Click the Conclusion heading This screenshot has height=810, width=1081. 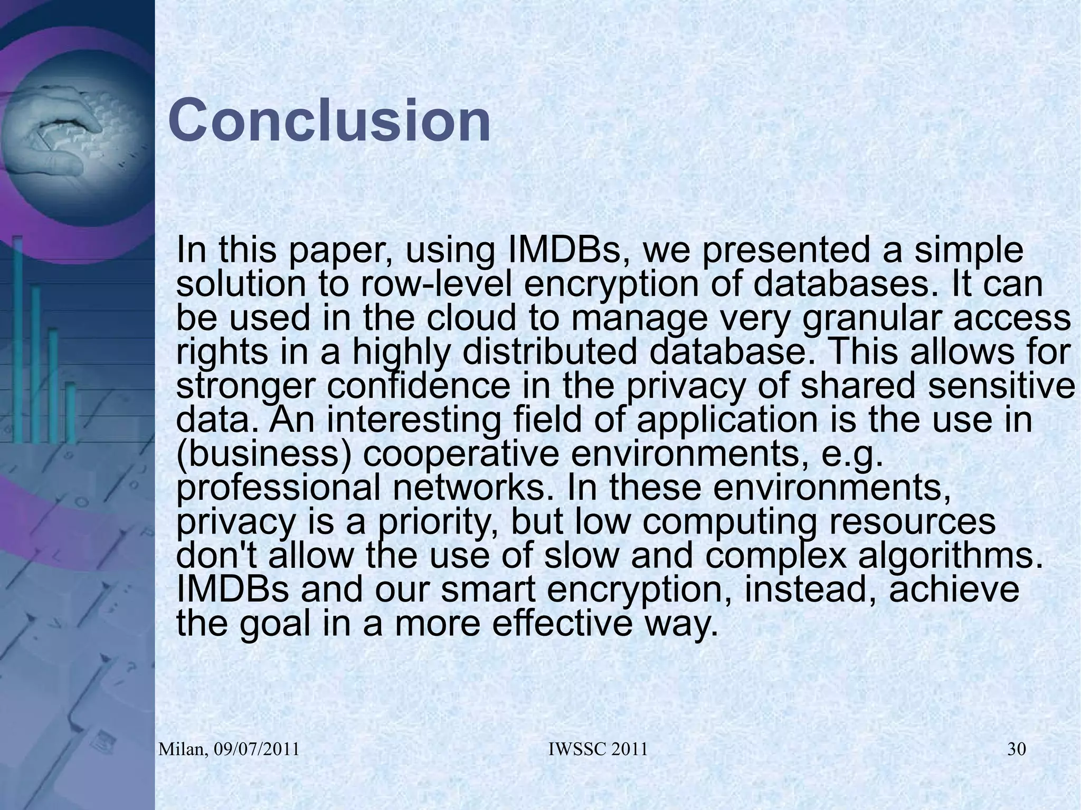pyautogui.click(x=329, y=121)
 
